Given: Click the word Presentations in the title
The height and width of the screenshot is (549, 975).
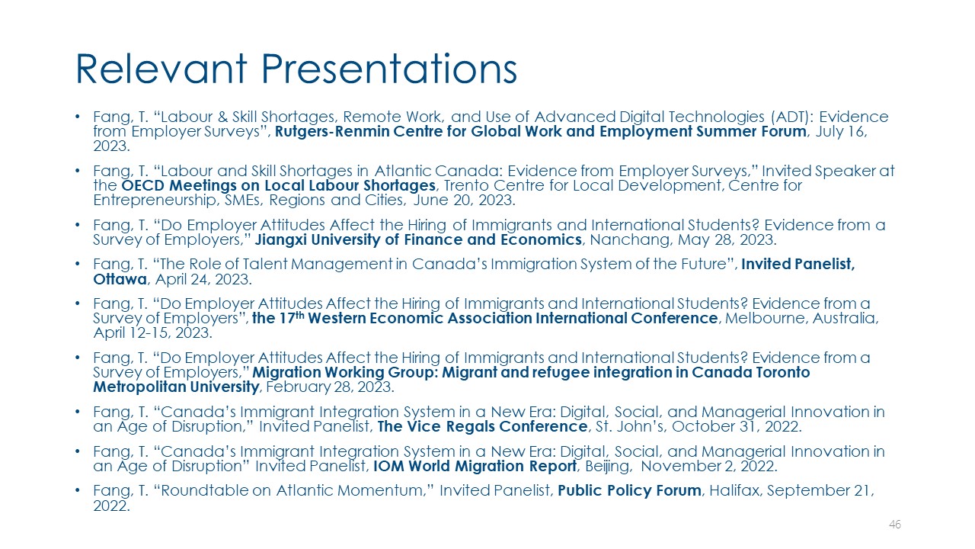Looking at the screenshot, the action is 388,69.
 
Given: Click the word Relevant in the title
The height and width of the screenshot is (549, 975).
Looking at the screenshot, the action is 161,69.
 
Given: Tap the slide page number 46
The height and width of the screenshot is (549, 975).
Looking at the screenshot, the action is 895,524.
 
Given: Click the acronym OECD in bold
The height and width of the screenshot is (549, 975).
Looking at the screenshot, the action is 143,185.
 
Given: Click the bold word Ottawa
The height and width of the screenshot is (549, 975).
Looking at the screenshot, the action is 120,279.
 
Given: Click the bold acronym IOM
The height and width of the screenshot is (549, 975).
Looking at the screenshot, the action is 388,466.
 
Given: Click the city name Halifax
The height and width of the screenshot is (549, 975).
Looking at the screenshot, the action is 734,490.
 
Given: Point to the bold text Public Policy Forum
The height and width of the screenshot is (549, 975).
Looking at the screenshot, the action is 629,490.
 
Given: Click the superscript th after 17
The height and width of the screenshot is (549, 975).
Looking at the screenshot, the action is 300,315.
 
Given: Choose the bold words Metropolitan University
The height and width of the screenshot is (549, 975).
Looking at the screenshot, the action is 176,387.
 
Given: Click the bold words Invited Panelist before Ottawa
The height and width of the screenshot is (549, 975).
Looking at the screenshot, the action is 798,264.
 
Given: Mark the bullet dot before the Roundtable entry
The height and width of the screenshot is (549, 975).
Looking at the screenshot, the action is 78,490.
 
